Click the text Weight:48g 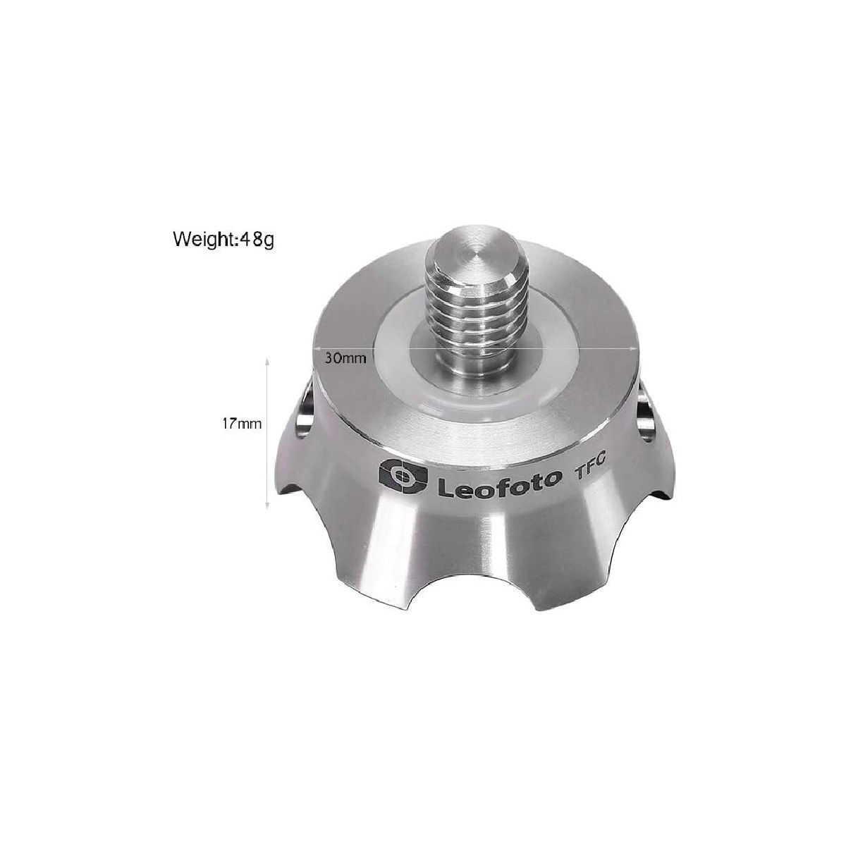[223, 240]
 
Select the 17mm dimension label [242, 424]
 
